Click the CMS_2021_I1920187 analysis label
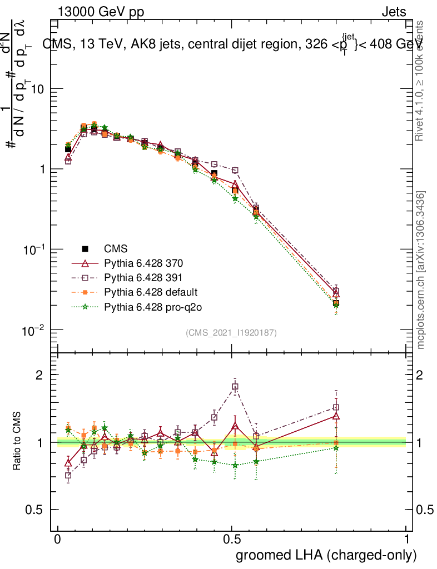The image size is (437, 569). point(231,332)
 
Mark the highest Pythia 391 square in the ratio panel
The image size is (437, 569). point(235,387)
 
